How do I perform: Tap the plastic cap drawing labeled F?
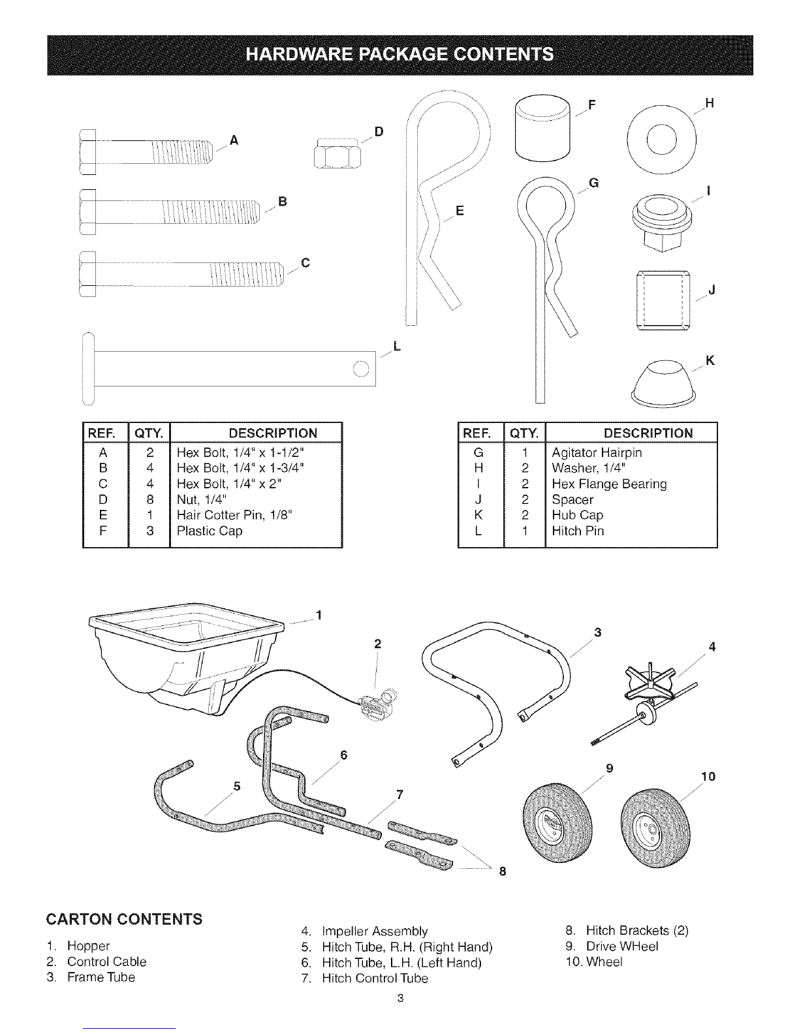click(542, 125)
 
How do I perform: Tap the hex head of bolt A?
click(87, 153)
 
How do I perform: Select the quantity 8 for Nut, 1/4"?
click(149, 499)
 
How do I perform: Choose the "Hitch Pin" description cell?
click(578, 531)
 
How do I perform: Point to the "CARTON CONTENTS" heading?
click(123, 919)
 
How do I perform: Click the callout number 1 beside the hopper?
click(319, 614)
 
